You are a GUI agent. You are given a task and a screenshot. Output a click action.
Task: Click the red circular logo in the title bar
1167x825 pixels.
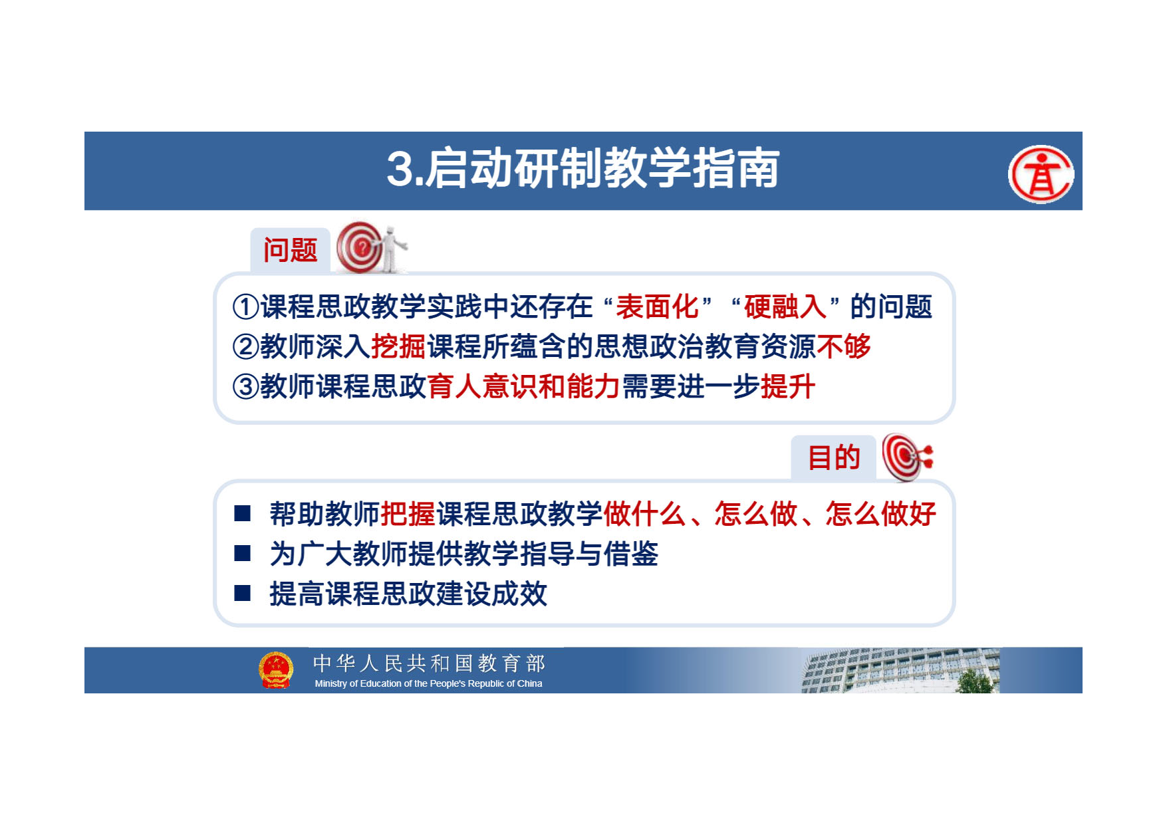point(1041,174)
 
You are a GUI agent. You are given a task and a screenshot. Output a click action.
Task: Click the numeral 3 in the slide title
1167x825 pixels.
point(400,169)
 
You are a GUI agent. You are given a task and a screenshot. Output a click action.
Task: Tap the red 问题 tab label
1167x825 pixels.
point(290,250)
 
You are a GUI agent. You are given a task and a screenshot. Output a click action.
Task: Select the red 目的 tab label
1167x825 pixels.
point(834,457)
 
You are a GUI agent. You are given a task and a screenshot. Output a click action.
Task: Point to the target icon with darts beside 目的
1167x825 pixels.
point(907,457)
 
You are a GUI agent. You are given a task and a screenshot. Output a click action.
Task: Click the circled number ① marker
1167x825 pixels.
point(245,307)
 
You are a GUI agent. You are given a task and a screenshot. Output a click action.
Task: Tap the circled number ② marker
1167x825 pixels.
point(245,346)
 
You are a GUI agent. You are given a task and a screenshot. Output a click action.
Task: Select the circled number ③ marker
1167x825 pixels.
point(245,386)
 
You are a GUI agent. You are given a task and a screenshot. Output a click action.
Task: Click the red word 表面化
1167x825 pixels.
point(657,306)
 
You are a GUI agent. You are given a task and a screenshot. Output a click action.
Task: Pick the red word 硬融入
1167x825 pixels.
point(785,306)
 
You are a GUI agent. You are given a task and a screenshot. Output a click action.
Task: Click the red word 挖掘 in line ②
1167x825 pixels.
point(398,346)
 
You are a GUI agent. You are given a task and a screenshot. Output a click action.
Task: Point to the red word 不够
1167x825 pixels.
point(844,346)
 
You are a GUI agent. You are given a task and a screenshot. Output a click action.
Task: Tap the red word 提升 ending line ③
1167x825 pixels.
point(788,386)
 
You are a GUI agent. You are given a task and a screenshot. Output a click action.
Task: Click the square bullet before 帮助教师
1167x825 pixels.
point(243,513)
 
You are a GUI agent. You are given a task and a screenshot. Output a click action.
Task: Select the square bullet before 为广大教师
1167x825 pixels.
point(243,553)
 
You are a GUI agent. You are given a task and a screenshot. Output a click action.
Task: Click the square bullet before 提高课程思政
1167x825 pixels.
point(243,593)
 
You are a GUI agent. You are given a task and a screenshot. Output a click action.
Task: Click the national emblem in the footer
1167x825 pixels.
point(276,669)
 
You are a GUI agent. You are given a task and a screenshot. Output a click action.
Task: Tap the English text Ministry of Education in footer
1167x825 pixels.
point(428,683)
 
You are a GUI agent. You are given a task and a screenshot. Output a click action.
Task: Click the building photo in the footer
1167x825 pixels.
point(900,671)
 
